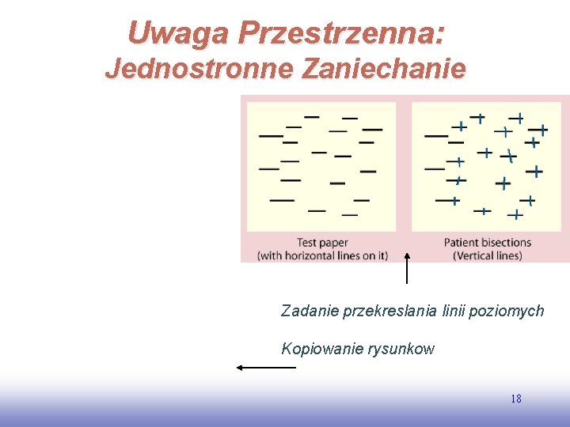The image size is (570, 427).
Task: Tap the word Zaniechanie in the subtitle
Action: [383, 69]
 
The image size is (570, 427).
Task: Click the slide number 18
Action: [516, 399]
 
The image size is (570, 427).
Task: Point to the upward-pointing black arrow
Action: [407, 266]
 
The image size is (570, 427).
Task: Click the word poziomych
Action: [507, 311]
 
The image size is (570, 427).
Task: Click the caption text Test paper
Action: [322, 243]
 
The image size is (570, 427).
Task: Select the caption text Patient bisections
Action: [487, 243]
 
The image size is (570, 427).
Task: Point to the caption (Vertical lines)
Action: [487, 255]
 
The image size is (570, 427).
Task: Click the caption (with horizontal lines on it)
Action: [322, 255]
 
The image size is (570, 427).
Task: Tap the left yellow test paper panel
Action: [321, 166]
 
